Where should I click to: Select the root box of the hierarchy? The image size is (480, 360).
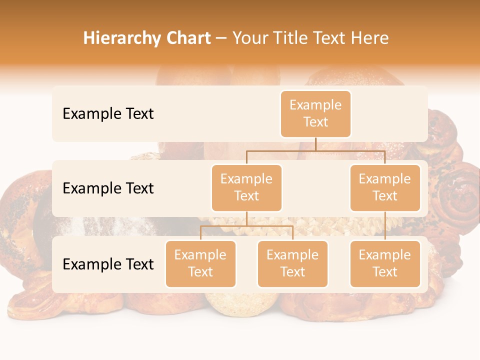315,113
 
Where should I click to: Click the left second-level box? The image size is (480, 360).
246,187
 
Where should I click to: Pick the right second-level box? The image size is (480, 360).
385,187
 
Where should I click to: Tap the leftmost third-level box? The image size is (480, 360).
200,263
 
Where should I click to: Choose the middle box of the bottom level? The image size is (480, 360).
292,263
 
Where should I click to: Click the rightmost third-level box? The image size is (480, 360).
385,263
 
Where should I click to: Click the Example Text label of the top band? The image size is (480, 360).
108,114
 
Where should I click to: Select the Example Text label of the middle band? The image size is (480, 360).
108,188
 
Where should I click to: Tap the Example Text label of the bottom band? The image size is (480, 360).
108,264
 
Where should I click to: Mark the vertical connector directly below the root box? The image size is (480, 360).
315,144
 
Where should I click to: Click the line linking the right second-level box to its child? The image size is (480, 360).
385,226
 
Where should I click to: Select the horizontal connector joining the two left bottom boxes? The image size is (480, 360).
246,226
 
